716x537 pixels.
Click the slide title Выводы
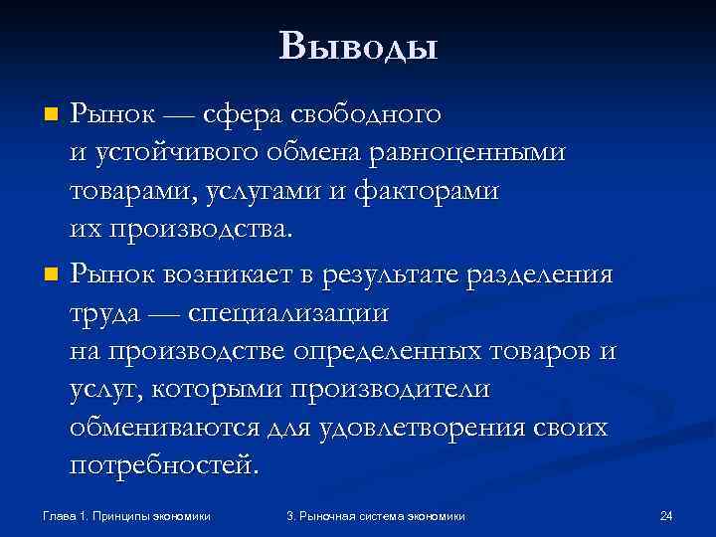pyautogui.click(x=358, y=46)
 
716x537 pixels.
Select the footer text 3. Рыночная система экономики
pyautogui.click(x=375, y=516)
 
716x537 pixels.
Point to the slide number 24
pyautogui.click(x=666, y=516)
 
